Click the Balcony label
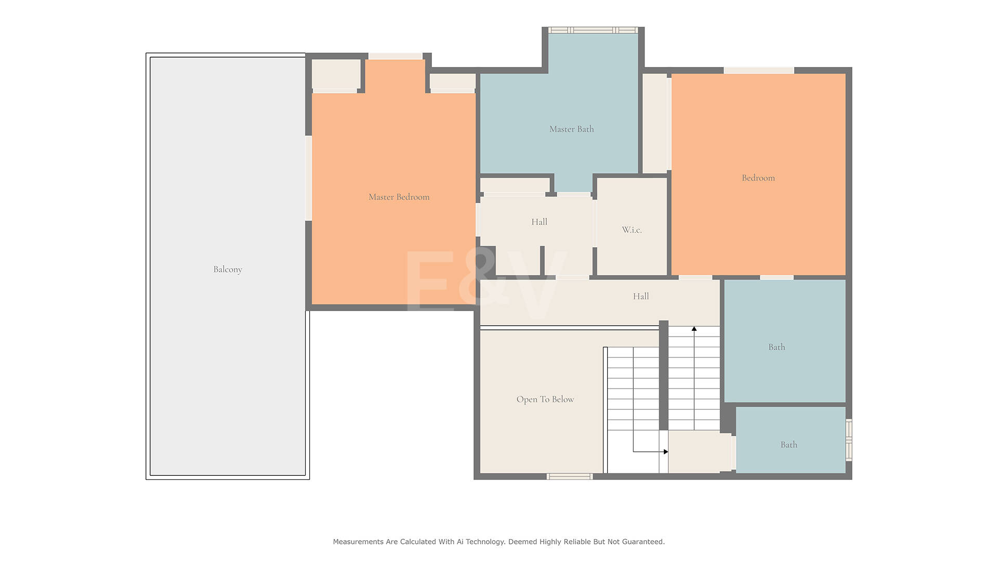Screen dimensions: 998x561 click(x=228, y=269)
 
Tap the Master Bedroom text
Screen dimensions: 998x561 click(x=399, y=197)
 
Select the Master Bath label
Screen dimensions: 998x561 click(x=571, y=129)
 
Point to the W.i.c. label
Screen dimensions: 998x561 click(x=632, y=230)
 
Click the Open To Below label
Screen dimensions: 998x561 click(x=545, y=399)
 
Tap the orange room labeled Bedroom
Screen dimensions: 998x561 click(x=758, y=174)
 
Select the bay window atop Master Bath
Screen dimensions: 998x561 click(x=593, y=30)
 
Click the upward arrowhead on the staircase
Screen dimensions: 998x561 click(x=694, y=329)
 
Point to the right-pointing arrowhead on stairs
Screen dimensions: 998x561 click(x=666, y=452)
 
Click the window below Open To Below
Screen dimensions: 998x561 click(x=570, y=476)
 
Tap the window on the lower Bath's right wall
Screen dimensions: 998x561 click(x=849, y=440)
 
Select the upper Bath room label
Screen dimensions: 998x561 click(x=777, y=347)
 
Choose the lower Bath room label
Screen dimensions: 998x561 click(x=789, y=445)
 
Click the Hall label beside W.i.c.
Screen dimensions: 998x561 click(x=539, y=222)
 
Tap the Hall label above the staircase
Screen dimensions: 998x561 click(x=640, y=296)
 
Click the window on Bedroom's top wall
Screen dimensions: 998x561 click(x=759, y=70)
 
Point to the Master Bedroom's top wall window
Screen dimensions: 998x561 click(x=395, y=56)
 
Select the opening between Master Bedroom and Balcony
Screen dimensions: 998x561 click(x=308, y=178)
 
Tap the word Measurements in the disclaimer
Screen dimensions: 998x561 click(x=358, y=542)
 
